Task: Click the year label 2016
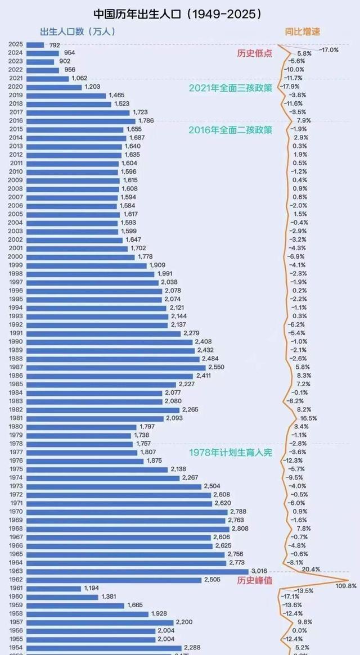(16, 121)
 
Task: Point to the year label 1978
(16, 444)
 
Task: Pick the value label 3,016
(259, 571)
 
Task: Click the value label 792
(55, 44)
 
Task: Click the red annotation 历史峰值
(254, 580)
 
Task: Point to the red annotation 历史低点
(254, 53)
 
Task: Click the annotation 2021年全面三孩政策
(230, 88)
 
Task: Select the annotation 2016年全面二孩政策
(230, 129)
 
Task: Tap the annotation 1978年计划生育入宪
(230, 453)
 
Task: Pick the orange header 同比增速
(302, 32)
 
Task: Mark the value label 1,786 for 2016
(146, 121)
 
